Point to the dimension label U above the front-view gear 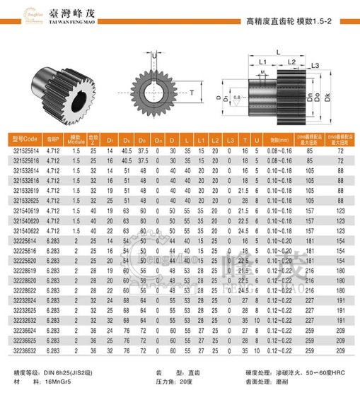tap(155, 54)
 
